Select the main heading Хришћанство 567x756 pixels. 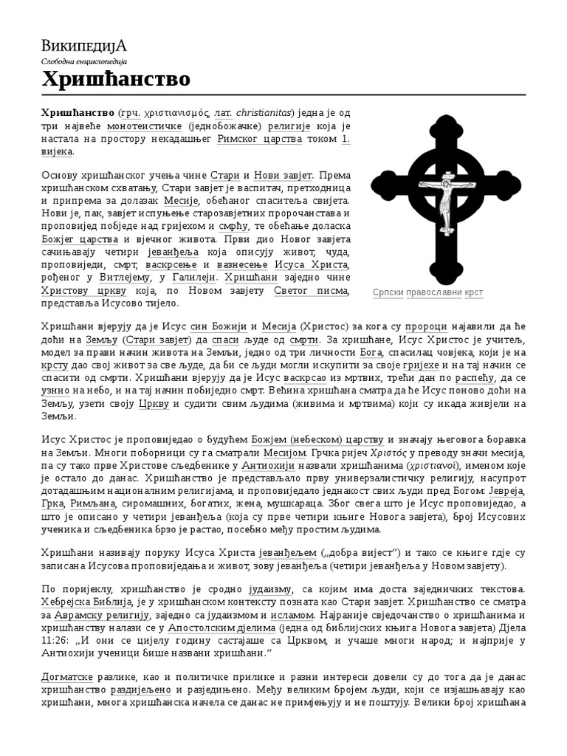pyautogui.click(x=115, y=79)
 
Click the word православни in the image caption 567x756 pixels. pyautogui.click(x=437, y=292)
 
